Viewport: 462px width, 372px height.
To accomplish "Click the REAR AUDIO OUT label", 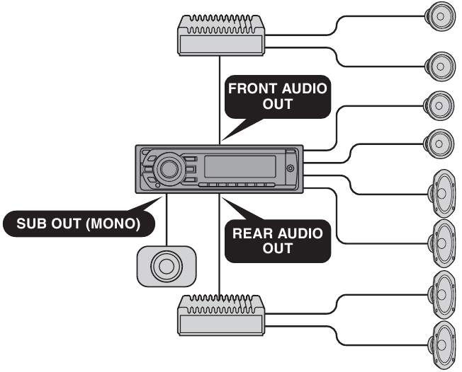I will (x=278, y=240).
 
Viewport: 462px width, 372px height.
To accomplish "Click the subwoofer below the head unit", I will (x=165, y=267).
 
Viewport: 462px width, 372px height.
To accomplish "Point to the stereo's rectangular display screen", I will (x=240, y=168).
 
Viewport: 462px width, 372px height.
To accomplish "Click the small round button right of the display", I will (x=291, y=168).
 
